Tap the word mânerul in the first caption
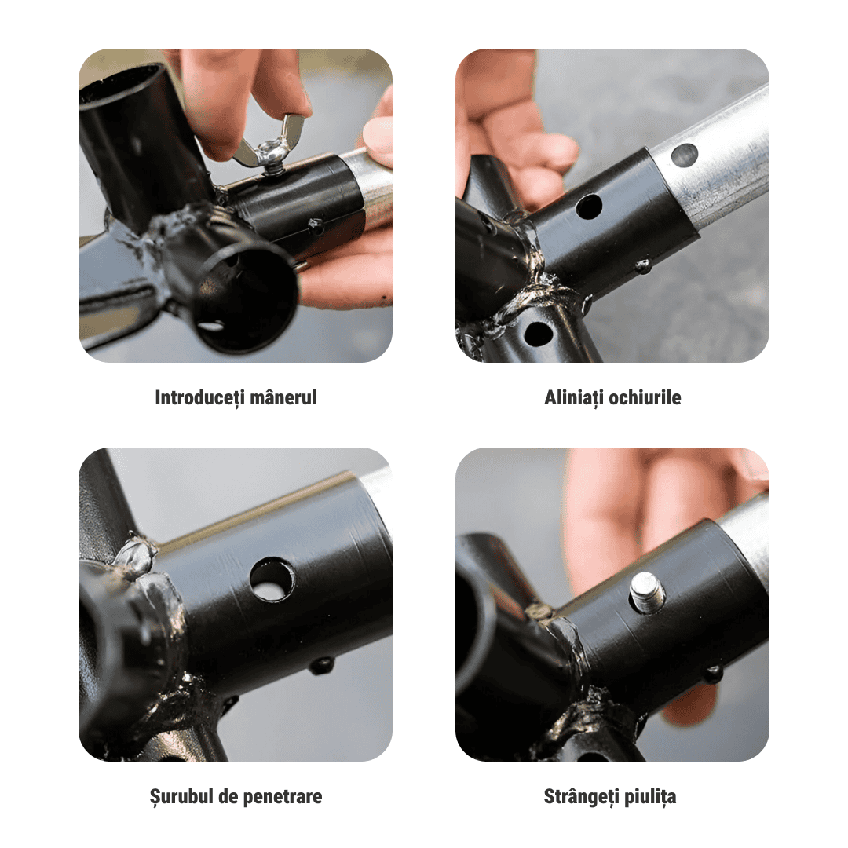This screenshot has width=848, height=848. tap(287, 397)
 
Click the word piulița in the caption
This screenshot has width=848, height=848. tap(649, 797)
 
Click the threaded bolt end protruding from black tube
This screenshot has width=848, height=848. tap(647, 591)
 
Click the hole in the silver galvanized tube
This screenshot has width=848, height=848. tap(684, 155)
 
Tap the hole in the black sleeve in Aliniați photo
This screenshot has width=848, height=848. tap(588, 207)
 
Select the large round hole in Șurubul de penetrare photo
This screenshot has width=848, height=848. tap(272, 579)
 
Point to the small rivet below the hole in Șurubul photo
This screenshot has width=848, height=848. tap(320, 665)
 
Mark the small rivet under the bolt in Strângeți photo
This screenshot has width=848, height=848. tap(712, 674)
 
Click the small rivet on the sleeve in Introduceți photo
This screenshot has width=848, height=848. tap(316, 227)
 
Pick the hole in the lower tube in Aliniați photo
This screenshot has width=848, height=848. tap(538, 334)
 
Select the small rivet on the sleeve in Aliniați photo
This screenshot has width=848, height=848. tap(643, 266)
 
